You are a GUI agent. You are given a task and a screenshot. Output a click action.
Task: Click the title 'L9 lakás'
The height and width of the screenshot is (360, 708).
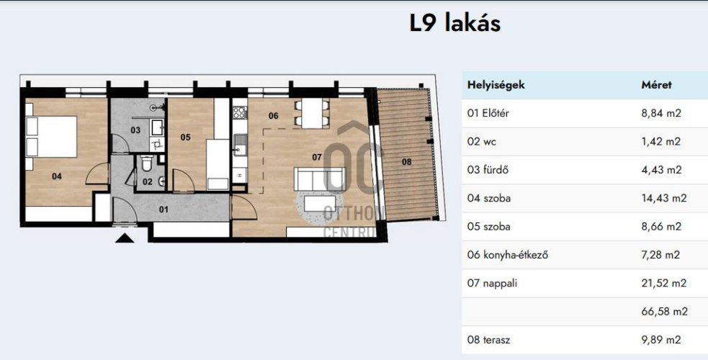[454, 23]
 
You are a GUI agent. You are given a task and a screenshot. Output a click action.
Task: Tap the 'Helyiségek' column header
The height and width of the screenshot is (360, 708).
[496, 85]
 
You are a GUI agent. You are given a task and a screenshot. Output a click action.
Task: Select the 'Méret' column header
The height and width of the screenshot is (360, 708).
[656, 85]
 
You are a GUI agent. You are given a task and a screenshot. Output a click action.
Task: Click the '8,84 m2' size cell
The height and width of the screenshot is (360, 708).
[660, 113]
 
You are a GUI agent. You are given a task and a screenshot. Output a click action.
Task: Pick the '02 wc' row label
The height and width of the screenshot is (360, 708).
[483, 142]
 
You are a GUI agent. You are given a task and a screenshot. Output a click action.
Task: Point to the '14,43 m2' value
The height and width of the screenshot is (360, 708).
[663, 198]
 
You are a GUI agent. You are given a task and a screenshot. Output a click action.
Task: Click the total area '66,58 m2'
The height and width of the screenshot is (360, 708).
[663, 312]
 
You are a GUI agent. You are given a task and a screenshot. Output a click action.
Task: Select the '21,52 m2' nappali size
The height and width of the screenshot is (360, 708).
[663, 283]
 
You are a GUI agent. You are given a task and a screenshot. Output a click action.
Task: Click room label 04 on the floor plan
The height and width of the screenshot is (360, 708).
[57, 175]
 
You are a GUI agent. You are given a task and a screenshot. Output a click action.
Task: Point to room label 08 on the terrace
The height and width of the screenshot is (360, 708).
[406, 162]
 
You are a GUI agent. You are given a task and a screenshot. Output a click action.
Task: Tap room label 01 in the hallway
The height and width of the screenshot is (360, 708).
[163, 210]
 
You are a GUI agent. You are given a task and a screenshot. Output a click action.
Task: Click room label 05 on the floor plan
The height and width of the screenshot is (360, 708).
[185, 137]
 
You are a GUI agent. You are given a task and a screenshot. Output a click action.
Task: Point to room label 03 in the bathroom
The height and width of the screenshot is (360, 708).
[135, 130]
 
